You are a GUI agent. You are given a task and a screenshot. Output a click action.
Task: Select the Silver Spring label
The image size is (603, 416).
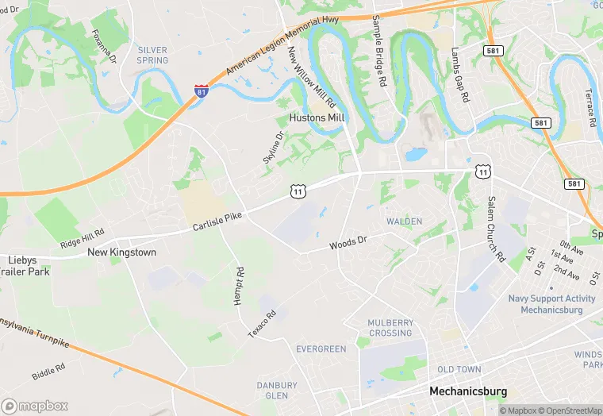click(x=152, y=55)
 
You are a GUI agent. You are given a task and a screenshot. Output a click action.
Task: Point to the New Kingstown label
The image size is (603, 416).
click(x=121, y=252)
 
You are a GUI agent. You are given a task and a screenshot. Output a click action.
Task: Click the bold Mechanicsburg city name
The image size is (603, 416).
click(x=467, y=391)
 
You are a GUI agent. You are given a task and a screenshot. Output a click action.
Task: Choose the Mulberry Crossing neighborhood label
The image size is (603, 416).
click(x=390, y=328)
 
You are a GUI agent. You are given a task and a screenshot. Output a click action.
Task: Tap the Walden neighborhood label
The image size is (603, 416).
click(x=404, y=221)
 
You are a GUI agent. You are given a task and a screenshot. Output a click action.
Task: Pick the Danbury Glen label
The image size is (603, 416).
click(x=277, y=391)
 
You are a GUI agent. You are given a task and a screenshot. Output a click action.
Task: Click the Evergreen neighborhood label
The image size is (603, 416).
click(x=321, y=349)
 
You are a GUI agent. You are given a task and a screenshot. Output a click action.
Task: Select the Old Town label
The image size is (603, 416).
click(x=459, y=370)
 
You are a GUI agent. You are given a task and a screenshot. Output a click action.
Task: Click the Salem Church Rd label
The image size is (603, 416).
click(x=496, y=229)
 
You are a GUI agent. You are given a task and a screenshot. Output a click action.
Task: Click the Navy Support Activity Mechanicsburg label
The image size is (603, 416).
click(x=551, y=304)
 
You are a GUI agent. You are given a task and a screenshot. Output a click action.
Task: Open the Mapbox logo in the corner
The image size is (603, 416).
click(x=35, y=405)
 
